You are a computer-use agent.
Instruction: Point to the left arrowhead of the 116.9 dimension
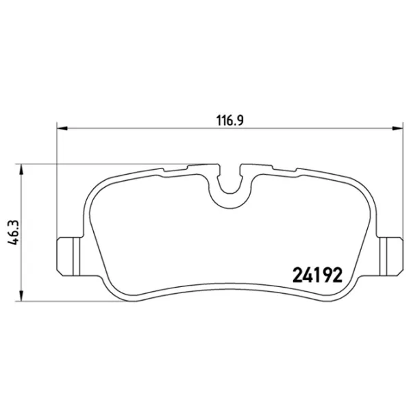coord(60,127)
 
